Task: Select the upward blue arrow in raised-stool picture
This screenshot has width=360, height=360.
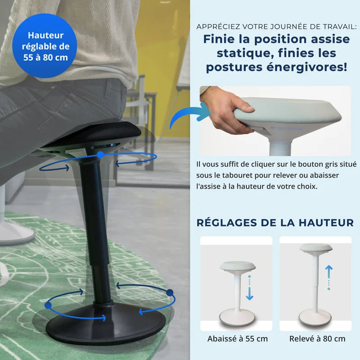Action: coord(329,271)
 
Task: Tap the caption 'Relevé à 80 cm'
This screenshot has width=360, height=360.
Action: coord(317,339)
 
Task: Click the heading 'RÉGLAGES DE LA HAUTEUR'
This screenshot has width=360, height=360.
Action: coord(275,222)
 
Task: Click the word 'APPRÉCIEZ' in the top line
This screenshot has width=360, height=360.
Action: coord(217,27)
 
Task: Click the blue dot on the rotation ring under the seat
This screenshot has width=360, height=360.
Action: coord(100,154)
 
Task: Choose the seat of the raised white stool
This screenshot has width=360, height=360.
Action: coord(315,248)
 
